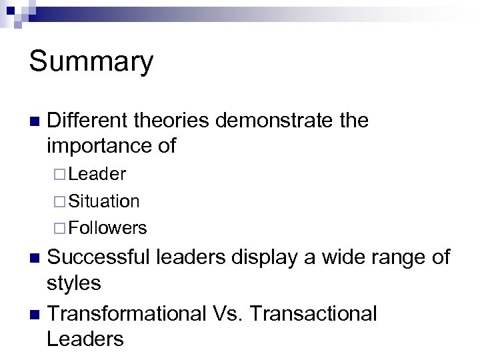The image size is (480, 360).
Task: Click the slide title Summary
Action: tap(91, 62)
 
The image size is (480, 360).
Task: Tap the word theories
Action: tap(175, 121)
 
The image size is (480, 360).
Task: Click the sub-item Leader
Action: tap(97, 174)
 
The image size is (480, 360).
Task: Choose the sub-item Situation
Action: tap(103, 201)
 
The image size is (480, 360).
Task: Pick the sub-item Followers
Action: tap(107, 228)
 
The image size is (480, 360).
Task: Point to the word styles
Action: tap(74, 283)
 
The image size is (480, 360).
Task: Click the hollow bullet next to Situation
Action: tap(59, 201)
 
